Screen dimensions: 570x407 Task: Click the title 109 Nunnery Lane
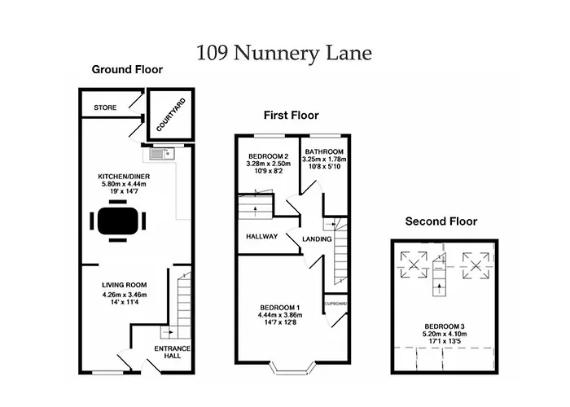tap(284, 53)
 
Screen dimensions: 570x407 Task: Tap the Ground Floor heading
tap(127, 69)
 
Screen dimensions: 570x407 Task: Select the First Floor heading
tap(292, 116)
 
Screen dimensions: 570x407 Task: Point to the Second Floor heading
tap(441, 221)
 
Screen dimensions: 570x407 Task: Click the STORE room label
tap(105, 107)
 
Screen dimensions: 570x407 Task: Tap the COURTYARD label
tap(171, 115)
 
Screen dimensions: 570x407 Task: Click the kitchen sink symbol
tap(163, 154)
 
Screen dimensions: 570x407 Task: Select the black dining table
tap(118, 221)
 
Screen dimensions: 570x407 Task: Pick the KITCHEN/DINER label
tap(124, 177)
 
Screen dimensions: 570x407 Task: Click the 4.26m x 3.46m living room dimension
tap(125, 295)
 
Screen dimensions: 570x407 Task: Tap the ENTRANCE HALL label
tap(173, 352)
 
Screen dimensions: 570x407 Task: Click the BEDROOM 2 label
tap(268, 156)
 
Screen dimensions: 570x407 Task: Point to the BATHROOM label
tap(324, 151)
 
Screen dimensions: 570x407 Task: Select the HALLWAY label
tap(261, 237)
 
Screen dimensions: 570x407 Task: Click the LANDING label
tap(317, 239)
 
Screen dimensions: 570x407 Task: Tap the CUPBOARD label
tap(335, 304)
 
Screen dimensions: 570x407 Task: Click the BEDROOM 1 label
tap(280, 308)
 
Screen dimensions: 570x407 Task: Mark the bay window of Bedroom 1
tap(293, 368)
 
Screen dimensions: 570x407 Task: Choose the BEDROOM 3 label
tap(445, 326)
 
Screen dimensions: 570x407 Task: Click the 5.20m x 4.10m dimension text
tap(445, 334)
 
